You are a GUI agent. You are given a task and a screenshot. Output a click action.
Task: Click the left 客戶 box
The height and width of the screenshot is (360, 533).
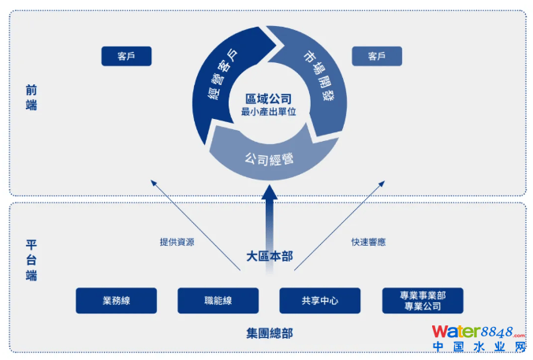[x=126, y=56]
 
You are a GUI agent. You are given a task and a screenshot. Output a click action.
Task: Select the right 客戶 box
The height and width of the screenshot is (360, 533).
[x=376, y=56]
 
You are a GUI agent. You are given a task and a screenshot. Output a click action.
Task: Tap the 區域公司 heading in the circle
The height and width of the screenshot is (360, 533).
[x=267, y=99]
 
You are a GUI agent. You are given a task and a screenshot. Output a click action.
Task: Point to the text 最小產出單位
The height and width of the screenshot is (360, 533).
[x=267, y=113]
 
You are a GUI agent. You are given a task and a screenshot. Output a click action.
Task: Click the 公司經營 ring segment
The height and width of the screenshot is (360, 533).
[x=268, y=158]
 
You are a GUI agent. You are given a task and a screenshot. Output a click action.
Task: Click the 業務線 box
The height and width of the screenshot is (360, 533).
[x=116, y=300]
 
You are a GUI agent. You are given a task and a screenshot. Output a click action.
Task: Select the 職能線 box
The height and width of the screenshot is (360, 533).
[x=218, y=300]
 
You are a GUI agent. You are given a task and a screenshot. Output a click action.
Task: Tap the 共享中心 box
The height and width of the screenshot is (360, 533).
[x=319, y=300]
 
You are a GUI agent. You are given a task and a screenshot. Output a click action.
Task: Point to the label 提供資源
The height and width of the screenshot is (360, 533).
[x=177, y=242]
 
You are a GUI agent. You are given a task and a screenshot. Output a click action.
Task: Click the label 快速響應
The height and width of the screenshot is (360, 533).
[x=367, y=242]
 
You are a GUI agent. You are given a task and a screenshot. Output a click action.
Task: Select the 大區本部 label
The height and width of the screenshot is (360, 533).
[x=268, y=256]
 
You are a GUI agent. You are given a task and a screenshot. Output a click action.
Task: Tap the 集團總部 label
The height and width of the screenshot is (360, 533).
[x=268, y=333]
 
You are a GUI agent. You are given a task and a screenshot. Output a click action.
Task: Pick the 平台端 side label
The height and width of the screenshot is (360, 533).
[x=32, y=260]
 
